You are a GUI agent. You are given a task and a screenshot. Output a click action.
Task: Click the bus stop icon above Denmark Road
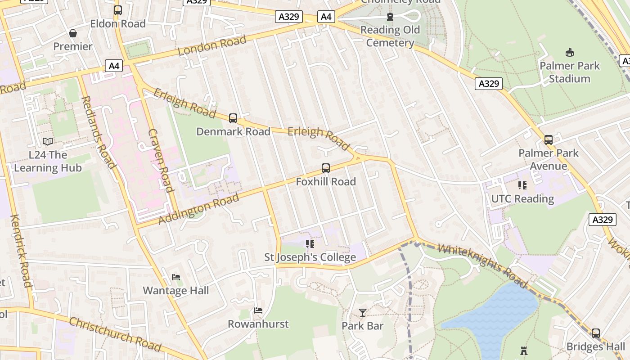tap(233, 118)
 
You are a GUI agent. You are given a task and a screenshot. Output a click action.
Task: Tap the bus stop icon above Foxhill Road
tap(326, 168)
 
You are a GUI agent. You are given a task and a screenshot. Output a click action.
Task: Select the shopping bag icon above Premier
tap(73, 33)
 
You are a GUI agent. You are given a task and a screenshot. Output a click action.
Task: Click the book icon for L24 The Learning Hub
tap(48, 142)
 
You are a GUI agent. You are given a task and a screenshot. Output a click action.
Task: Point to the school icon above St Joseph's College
tap(310, 244)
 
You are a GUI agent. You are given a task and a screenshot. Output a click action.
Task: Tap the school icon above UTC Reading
tap(522, 185)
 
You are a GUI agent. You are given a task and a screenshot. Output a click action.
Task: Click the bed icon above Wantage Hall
tap(176, 277)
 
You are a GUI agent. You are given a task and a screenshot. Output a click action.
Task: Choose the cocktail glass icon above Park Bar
tap(363, 312)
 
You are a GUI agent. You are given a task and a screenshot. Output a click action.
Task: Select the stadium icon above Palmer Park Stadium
tap(570, 53)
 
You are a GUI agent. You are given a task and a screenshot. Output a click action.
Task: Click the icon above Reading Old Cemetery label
tap(390, 17)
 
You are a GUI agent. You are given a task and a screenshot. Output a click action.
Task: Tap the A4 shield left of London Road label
tap(114, 66)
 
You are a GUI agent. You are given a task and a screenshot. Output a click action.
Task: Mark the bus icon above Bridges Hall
tap(596, 333)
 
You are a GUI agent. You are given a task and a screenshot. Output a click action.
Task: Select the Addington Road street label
tap(199, 210)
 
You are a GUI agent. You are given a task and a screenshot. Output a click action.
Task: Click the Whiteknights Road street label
tap(482, 265)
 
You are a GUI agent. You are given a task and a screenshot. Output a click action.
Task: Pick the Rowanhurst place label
tap(258, 324)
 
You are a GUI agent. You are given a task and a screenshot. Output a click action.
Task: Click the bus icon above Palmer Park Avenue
tap(548, 140)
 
